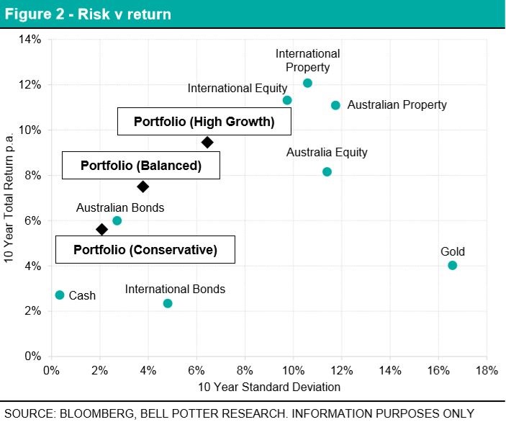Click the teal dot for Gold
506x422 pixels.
pos(452,265)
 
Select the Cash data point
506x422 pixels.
pos(60,295)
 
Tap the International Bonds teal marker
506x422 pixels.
pos(168,303)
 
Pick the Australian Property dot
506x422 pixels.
pos(335,105)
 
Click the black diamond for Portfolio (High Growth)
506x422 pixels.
pos(207,143)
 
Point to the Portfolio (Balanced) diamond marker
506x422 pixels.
pos(143,187)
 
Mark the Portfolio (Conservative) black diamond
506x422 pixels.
pos(101,229)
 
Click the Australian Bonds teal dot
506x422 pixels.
pos(117,220)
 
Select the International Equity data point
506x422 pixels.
pos(287,100)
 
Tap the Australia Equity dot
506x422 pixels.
pos(327,171)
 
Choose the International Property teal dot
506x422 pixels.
pos(307,83)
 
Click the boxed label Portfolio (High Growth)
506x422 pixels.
pos(204,122)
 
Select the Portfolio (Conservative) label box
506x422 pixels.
pos(145,251)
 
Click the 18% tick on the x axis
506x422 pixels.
pos(486,371)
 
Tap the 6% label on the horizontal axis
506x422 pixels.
pos(196,371)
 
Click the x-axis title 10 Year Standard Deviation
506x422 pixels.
pos(268,387)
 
